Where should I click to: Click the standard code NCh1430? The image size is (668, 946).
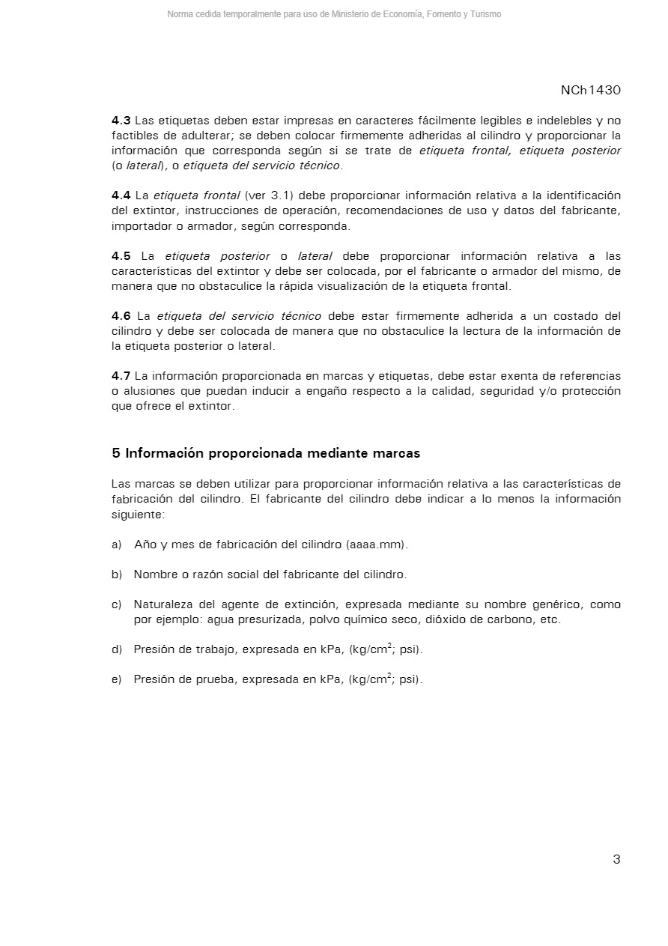click(x=590, y=91)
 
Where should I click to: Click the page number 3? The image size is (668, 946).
click(x=616, y=859)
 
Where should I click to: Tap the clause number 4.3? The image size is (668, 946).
click(x=121, y=121)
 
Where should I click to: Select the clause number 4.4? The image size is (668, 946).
click(x=121, y=195)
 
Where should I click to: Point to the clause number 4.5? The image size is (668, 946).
click(x=121, y=256)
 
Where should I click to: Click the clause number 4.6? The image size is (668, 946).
click(x=121, y=316)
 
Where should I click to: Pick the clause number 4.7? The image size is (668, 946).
click(x=121, y=376)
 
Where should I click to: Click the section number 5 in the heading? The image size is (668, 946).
click(x=115, y=453)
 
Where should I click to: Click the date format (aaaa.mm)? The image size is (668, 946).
click(x=377, y=545)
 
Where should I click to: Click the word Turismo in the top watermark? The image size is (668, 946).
click(x=485, y=14)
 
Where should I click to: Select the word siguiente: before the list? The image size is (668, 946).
click(x=138, y=514)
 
